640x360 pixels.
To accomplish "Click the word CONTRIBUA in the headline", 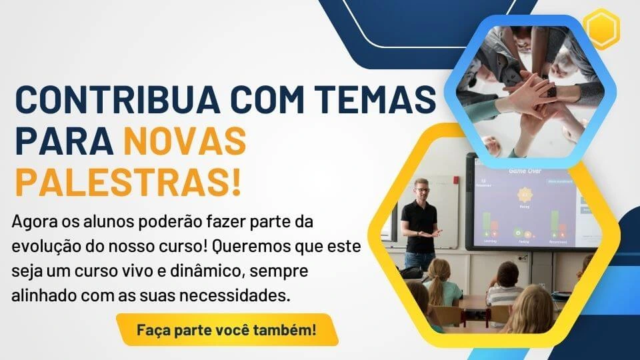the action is pos(119,99).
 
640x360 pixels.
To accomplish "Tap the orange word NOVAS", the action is pos(185,141).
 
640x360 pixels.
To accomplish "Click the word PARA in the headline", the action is pos(64,141).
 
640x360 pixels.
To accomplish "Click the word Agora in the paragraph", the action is pos(33,223).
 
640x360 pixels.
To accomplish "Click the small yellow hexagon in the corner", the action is pos(601,29).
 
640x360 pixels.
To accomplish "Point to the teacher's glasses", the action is pos(423,190).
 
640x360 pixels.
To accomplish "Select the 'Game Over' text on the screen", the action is pos(525,171).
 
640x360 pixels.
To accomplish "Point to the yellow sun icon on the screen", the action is pos(525,195).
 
